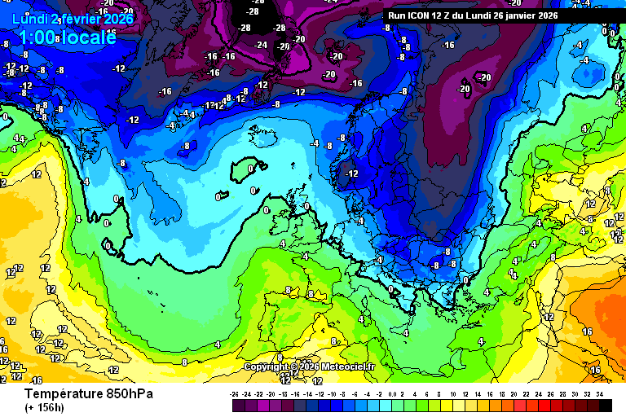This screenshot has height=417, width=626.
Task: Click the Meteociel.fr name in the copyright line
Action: click(347, 367)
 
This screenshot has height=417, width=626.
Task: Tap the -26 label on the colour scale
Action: click(235, 393)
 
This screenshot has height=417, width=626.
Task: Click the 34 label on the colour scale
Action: click(599, 393)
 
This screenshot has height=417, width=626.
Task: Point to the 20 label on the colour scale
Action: click(514, 393)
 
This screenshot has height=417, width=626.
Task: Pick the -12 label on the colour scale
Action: click(320, 393)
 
